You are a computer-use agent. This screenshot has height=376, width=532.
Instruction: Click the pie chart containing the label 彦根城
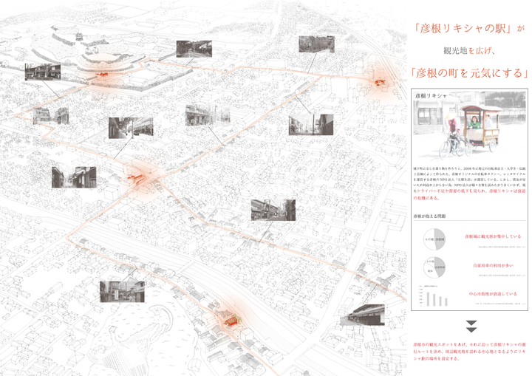[x=434, y=239]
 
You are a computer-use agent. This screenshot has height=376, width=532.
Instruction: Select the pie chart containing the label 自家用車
[x=434, y=267]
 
